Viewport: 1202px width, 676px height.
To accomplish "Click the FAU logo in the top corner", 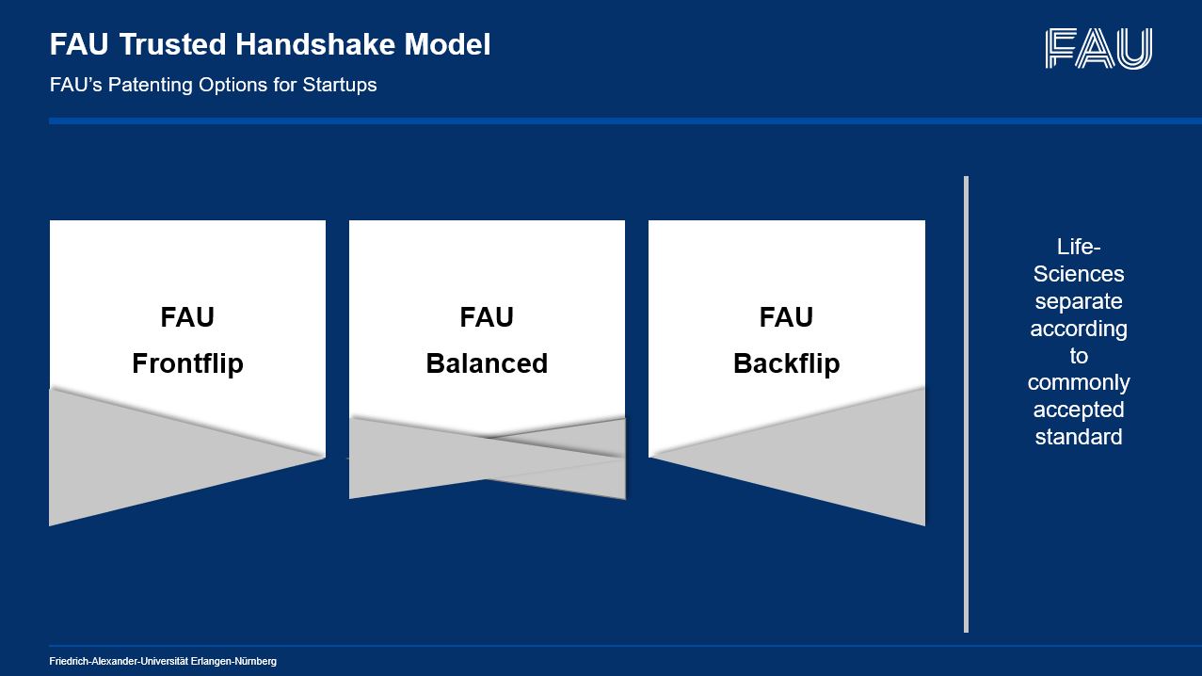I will tap(1098, 48).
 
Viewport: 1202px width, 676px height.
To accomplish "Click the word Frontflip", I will tap(187, 363).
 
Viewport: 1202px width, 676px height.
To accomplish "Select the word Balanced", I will tap(487, 363).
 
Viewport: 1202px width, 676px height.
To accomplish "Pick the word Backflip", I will tap(786, 363).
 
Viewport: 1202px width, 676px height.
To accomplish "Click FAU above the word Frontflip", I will tap(187, 317).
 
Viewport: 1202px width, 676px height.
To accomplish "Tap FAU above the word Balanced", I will tap(487, 317).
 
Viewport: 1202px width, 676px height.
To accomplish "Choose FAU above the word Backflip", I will tap(786, 317).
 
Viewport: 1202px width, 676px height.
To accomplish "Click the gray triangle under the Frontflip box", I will tap(141, 457).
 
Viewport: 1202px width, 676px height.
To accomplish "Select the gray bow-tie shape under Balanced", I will tap(487, 458).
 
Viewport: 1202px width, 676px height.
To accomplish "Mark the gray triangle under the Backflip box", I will tap(838, 458).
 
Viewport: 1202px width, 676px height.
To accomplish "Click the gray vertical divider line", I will tap(966, 404).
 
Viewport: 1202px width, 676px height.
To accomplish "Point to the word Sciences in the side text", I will tap(1079, 274).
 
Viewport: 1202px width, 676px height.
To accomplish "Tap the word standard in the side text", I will tap(1079, 437).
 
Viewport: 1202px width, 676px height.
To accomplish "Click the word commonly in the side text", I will tap(1079, 382).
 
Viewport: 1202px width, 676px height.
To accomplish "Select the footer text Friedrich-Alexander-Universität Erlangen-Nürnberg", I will tap(163, 662).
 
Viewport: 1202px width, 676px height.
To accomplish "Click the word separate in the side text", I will tap(1079, 301).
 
